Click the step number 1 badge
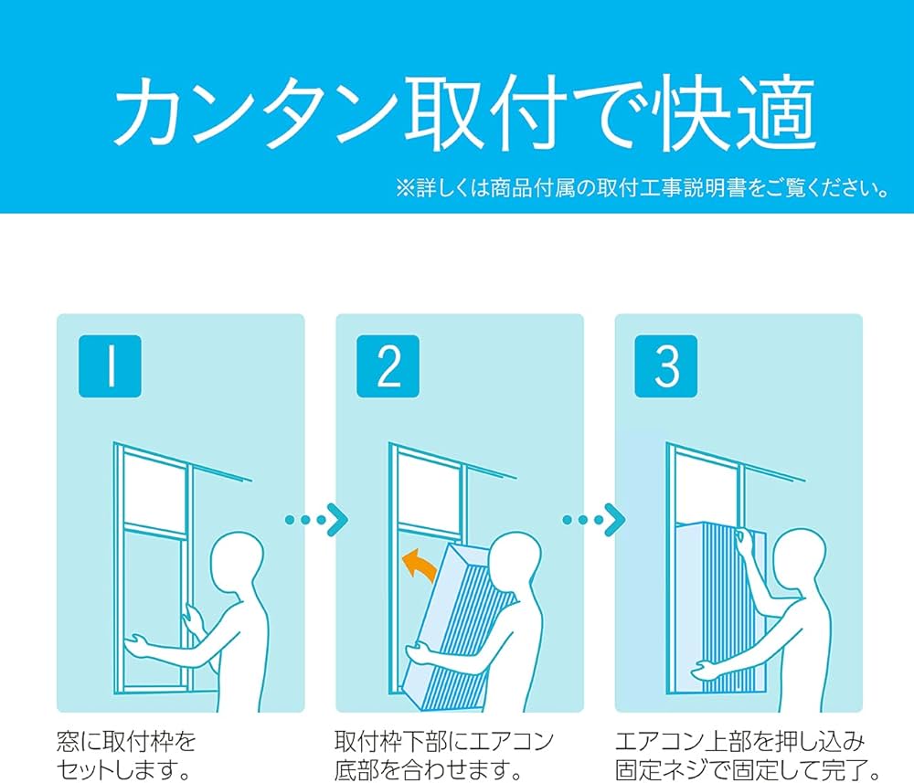(110, 366)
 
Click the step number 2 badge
(388, 366)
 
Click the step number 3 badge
(667, 366)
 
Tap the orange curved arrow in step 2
(420, 565)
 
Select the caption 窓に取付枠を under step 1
(126, 739)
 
